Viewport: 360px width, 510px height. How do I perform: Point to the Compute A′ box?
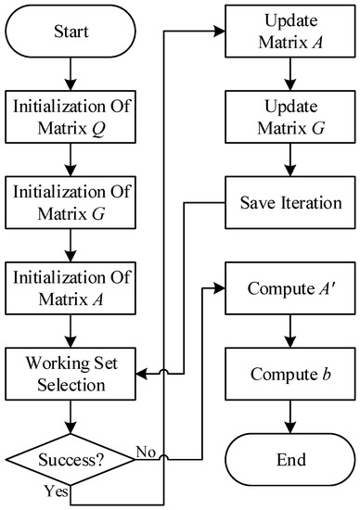[x=290, y=288]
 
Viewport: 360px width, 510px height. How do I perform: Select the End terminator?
[x=290, y=458]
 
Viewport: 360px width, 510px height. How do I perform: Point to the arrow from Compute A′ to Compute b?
[x=290, y=332]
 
